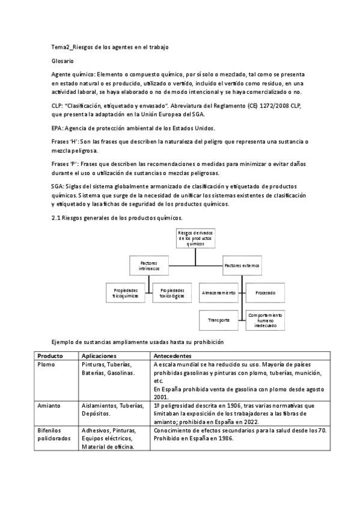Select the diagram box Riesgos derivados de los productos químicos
(x=195, y=238)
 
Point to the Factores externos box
(x=242, y=265)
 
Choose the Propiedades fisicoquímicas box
(x=125, y=293)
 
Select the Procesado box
(x=266, y=293)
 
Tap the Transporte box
(x=219, y=320)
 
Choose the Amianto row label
(x=49, y=405)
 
